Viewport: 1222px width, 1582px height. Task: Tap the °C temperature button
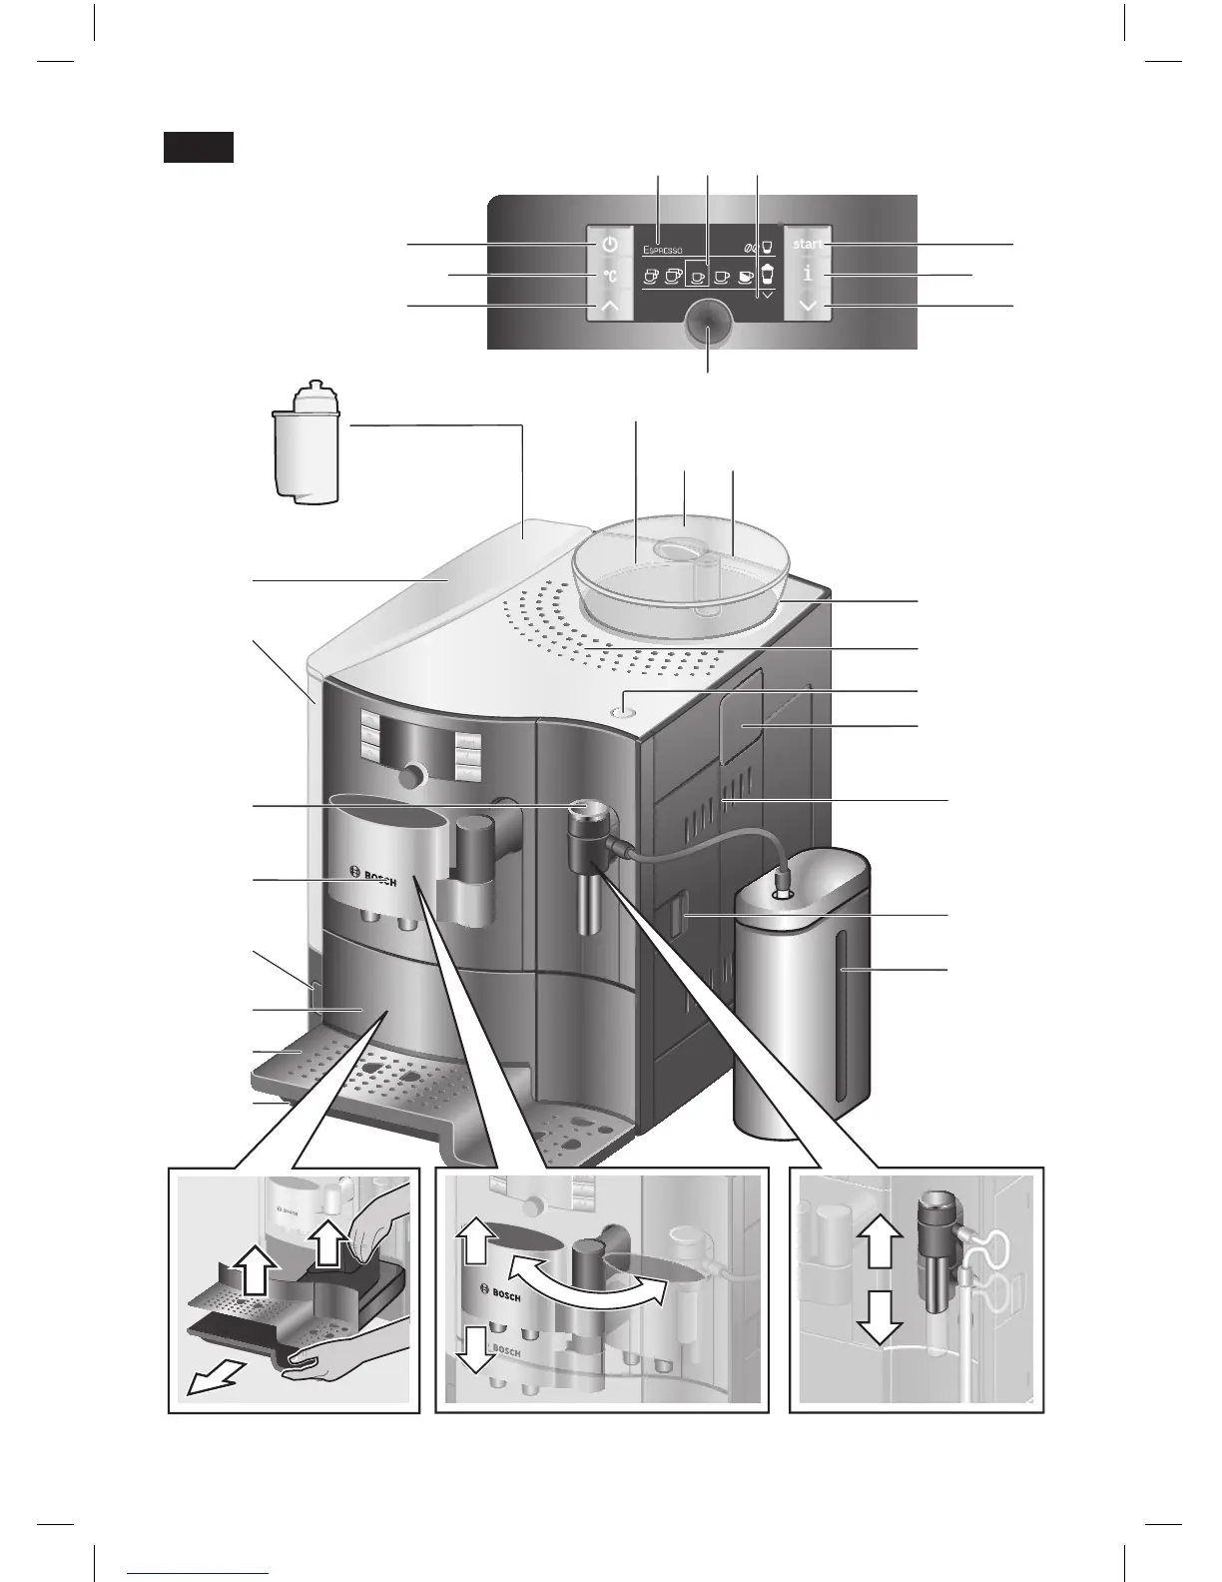point(609,276)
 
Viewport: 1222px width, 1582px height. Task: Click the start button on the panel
point(808,245)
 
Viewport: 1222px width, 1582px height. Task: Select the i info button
point(807,275)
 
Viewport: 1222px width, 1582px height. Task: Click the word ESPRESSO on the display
point(663,250)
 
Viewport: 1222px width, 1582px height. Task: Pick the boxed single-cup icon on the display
point(699,277)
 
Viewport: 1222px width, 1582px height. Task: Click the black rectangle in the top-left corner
point(199,147)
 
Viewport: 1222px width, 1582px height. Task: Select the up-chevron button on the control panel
point(609,307)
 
